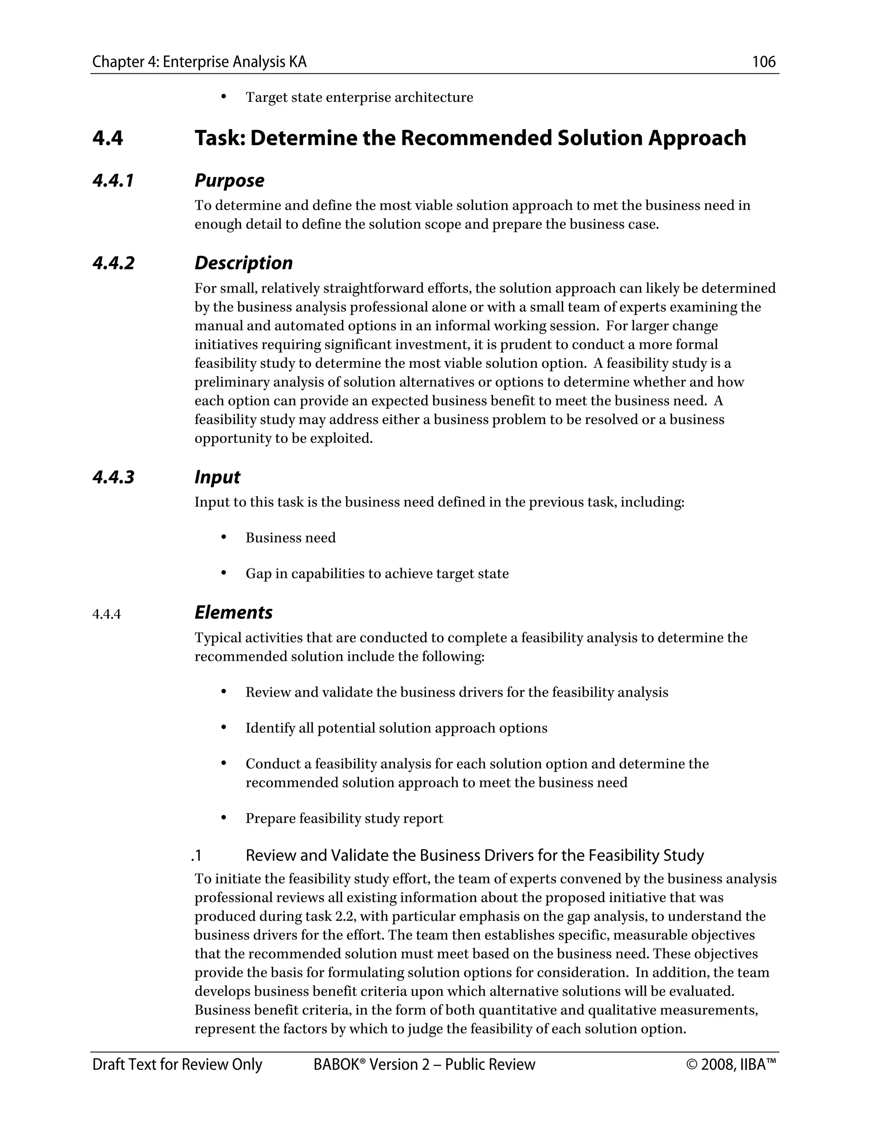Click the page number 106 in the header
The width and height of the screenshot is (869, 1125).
pyautogui.click(x=763, y=62)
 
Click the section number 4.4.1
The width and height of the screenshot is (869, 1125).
pyautogui.click(x=113, y=181)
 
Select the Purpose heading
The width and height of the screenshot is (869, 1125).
pyautogui.click(x=229, y=181)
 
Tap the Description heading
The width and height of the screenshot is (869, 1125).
pyautogui.click(x=243, y=263)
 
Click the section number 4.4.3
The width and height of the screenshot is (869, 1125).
pyautogui.click(x=113, y=478)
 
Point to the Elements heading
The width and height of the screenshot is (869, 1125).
pyautogui.click(x=233, y=613)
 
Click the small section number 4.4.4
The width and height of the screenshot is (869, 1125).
pyautogui.click(x=107, y=615)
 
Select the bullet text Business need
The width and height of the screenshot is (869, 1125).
pyautogui.click(x=290, y=538)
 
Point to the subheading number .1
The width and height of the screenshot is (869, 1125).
pyautogui.click(x=196, y=855)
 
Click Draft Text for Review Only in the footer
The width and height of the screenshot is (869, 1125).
pyautogui.click(x=177, y=1065)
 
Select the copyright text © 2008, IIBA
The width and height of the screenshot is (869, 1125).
pyautogui.click(x=731, y=1065)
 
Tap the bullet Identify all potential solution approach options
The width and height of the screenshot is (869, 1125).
pyautogui.click(x=396, y=728)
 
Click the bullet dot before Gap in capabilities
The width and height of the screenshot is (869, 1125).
pyautogui.click(x=224, y=573)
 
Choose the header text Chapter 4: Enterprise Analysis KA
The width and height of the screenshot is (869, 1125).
pyautogui.click(x=199, y=62)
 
